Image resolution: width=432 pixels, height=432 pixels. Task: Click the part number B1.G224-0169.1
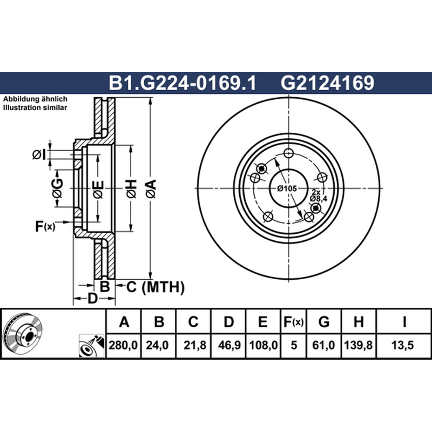[183, 83]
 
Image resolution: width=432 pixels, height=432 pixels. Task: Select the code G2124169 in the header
[327, 83]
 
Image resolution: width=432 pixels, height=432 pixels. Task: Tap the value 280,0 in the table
[123, 345]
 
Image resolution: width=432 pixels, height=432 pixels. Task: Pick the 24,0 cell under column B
[157, 345]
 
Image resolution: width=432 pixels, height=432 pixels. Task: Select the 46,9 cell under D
[229, 345]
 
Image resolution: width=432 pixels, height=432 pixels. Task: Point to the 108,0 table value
[263, 345]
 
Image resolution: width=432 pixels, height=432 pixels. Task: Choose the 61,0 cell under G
[323, 345]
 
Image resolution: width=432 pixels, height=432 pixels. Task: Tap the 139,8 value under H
[358, 345]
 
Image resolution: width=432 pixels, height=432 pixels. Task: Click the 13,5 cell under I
[402, 345]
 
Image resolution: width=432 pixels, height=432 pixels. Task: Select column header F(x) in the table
[293, 322]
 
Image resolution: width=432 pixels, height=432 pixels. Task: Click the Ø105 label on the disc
[287, 188]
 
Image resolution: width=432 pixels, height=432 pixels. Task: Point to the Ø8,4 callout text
[318, 199]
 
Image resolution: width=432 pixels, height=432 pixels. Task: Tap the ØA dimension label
[151, 188]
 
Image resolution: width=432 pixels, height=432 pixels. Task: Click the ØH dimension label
[131, 188]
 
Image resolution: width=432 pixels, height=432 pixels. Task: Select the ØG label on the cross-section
[57, 188]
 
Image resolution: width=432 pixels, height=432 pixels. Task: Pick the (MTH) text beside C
[163, 287]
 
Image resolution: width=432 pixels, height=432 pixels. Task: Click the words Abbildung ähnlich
[35, 99]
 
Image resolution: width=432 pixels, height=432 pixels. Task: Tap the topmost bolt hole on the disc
[288, 153]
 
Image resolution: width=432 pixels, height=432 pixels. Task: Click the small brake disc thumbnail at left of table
[24, 333]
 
